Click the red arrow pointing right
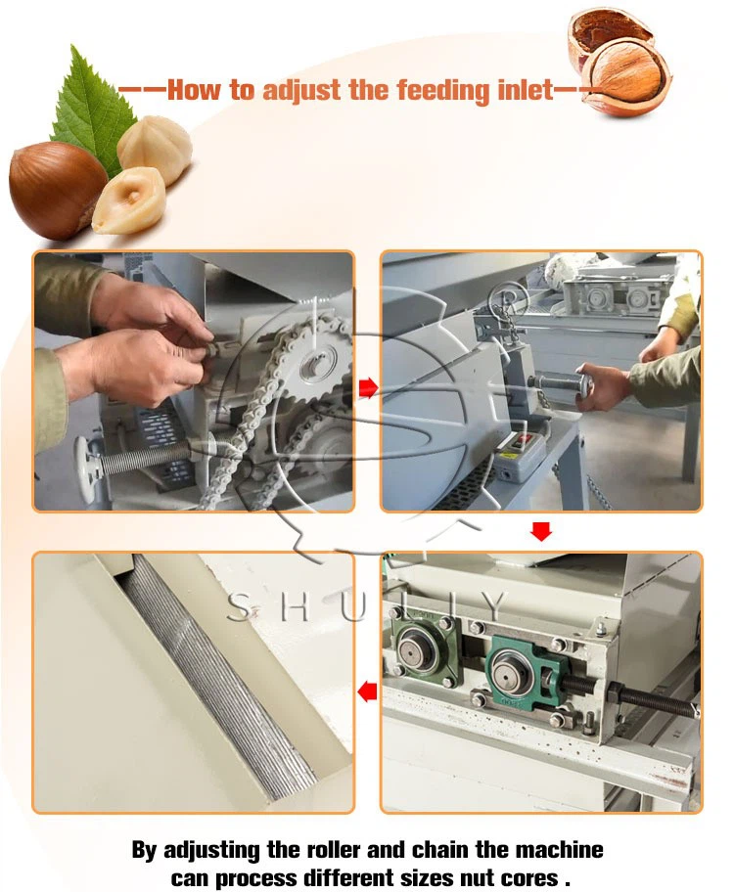click(367, 388)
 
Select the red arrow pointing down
click(540, 531)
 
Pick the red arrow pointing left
click(367, 692)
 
